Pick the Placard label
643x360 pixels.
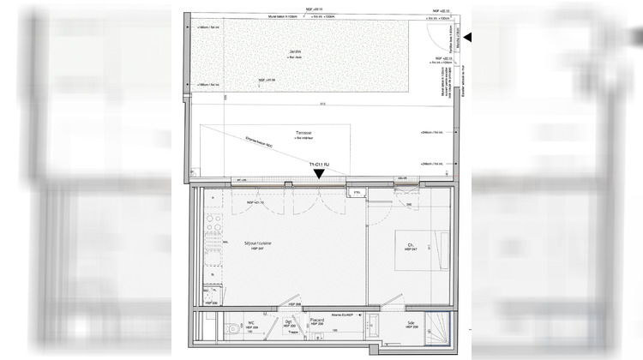pos(316,320)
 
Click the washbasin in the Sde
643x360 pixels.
pos(374,327)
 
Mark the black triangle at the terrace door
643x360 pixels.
pos(319,174)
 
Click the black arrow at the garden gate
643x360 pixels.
pos(467,37)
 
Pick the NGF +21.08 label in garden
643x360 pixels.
pos(268,80)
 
